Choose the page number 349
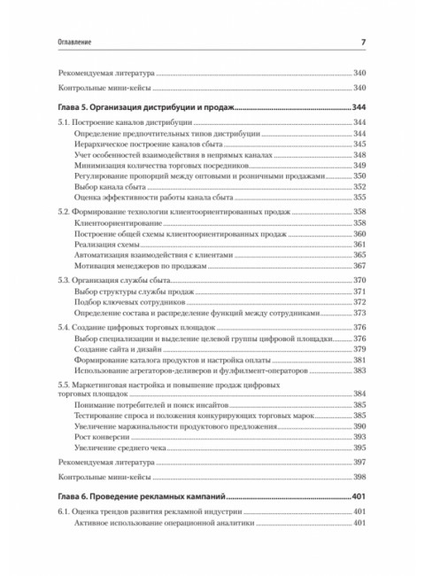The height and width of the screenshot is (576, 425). pyautogui.click(x=359, y=165)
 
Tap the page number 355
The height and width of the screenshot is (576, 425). pyautogui.click(x=359, y=198)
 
